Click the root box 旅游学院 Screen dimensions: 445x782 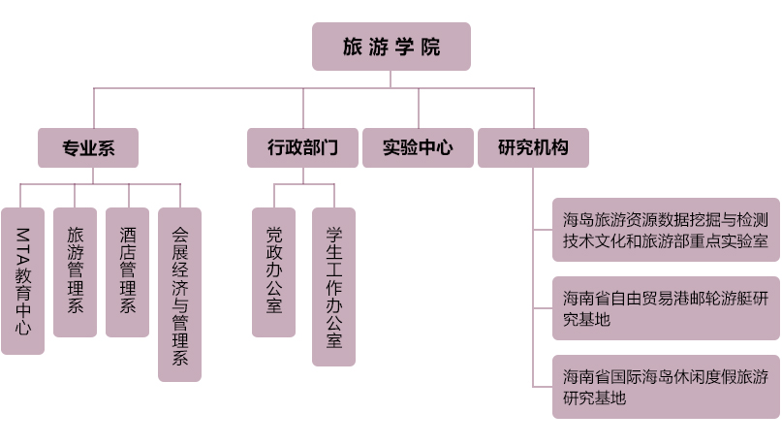[x=391, y=47]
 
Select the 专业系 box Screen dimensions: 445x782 [x=88, y=148]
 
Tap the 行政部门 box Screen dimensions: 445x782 [x=302, y=148]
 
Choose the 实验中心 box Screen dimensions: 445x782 [x=418, y=148]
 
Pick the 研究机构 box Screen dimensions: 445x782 [x=532, y=148]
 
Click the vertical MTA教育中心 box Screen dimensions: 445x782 [x=22, y=280]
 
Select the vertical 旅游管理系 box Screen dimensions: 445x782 [x=75, y=271]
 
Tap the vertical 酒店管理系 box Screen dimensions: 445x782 [x=127, y=271]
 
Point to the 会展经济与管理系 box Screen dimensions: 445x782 [x=179, y=294]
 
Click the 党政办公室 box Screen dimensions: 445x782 [x=273, y=271]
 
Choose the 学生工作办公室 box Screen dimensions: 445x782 [x=333, y=286]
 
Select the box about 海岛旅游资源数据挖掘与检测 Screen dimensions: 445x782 [x=666, y=230]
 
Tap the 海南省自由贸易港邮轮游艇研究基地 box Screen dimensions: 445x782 [x=666, y=308]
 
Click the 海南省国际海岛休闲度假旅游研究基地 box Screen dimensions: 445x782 [x=666, y=387]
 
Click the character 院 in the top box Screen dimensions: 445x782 [x=432, y=47]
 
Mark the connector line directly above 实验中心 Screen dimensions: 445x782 [x=419, y=109]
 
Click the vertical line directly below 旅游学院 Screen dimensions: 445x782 [x=391, y=79]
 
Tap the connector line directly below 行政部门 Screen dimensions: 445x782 [x=302, y=175]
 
